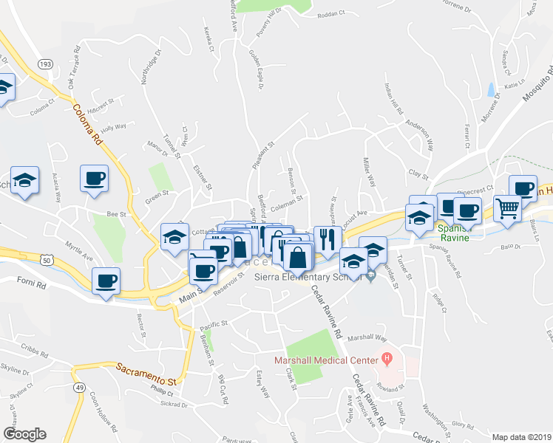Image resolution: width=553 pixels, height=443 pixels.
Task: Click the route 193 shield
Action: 45,64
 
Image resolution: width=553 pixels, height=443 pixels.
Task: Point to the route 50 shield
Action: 47,261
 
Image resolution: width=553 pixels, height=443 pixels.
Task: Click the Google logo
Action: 24,433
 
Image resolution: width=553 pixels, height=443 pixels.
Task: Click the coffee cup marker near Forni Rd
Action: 106,281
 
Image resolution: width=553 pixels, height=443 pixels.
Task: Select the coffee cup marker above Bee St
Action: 95,179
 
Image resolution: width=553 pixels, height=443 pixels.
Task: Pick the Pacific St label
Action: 214,324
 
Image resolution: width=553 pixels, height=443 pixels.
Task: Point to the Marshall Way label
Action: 367,337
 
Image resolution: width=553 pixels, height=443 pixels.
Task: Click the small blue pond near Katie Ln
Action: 491,91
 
